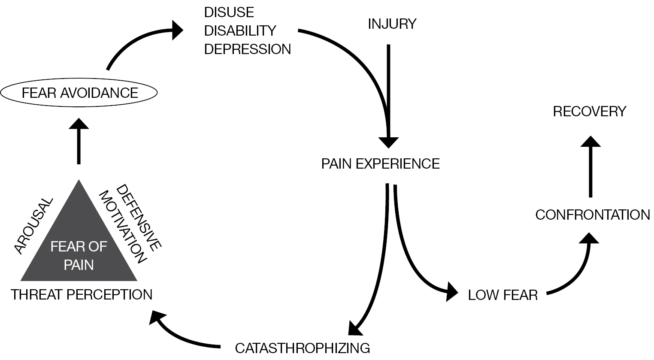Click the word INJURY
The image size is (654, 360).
[392, 24]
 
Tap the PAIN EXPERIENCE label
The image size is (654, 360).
[381, 164]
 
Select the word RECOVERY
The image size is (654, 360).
[590, 112]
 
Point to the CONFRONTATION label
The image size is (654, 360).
[593, 215]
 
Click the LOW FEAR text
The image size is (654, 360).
[503, 295]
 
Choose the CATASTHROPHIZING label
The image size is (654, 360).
[303, 347]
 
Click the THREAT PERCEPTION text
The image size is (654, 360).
[82, 295]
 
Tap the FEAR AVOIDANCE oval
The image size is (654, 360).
[79, 93]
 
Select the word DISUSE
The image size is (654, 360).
[229, 12]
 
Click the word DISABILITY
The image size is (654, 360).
[240, 31]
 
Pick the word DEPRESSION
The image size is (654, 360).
[248, 49]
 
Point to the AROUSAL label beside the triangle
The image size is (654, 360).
[33, 226]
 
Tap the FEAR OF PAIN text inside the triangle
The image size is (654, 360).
[79, 255]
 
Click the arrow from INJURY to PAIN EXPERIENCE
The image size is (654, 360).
[389, 94]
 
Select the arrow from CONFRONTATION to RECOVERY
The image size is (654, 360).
[591, 167]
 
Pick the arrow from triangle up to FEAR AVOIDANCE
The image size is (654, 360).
[79, 142]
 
